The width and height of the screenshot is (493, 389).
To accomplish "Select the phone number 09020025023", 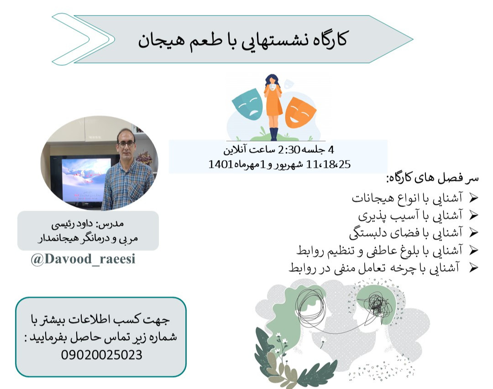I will coord(101,354).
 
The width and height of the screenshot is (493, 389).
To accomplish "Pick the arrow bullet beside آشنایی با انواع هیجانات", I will coord(473,198).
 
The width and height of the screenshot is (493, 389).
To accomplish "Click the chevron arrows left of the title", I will coord(82,39).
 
